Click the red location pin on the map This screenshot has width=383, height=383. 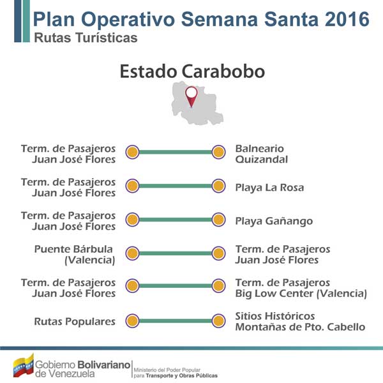pos(191,97)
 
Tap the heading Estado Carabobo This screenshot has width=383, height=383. pos(192,71)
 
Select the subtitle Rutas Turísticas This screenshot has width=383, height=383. pos(86,38)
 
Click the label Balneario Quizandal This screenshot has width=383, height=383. pos(261,154)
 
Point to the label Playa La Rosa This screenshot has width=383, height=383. pos(269,188)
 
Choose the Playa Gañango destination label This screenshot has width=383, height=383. pos(274,222)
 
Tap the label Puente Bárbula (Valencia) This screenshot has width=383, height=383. pos(75,255)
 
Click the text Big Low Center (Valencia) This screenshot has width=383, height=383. pos(301,294)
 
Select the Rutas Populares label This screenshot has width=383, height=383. pos(75,322)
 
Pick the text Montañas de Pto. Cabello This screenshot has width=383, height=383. pos(300,327)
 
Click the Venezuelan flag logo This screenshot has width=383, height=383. pos(24,366)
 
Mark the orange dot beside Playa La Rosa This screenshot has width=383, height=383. pos(218,186)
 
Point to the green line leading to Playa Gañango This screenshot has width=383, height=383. pos(176,220)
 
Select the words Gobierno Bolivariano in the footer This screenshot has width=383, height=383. pos(82,365)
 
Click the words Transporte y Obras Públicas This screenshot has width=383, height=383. pos(181,376)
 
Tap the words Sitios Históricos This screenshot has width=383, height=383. pos(274,316)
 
